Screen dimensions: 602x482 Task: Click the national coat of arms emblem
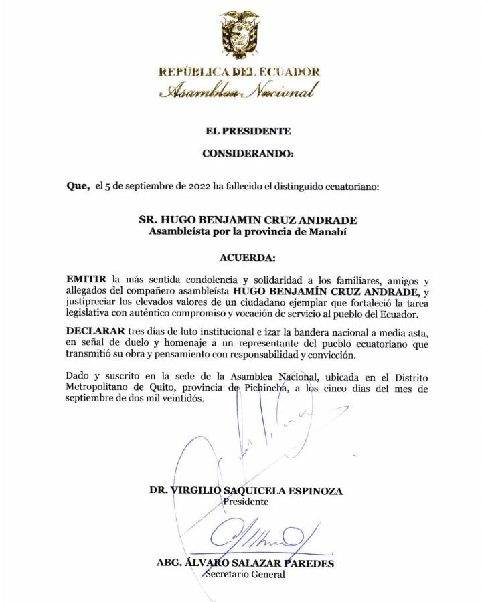coord(240,34)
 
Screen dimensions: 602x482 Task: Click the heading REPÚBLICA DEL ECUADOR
coord(240,72)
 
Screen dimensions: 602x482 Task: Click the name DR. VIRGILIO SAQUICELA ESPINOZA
coord(246,491)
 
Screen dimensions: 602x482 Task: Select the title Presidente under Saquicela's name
coord(246,501)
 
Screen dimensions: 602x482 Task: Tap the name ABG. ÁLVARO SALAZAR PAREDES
coord(245,563)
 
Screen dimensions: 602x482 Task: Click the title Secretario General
coord(245,574)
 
